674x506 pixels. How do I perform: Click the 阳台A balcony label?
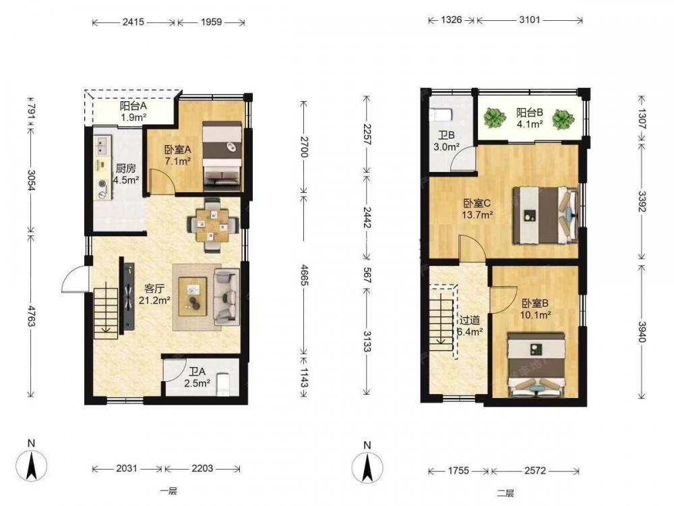pos(133,105)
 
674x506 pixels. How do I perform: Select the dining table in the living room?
pos(213,225)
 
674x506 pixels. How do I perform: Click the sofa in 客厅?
pos(226,296)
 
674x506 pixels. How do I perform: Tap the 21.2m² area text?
pos(154,300)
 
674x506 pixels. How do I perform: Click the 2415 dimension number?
pos(133,22)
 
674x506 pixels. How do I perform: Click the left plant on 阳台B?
pos(494,117)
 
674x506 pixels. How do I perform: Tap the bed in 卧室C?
pos(545,215)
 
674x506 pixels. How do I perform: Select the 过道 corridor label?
pos(469,320)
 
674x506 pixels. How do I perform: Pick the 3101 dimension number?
pos(529,20)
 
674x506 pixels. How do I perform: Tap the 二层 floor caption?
pos(505,494)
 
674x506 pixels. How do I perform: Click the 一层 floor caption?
pos(168,491)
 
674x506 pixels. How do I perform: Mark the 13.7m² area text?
pos(477,215)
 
